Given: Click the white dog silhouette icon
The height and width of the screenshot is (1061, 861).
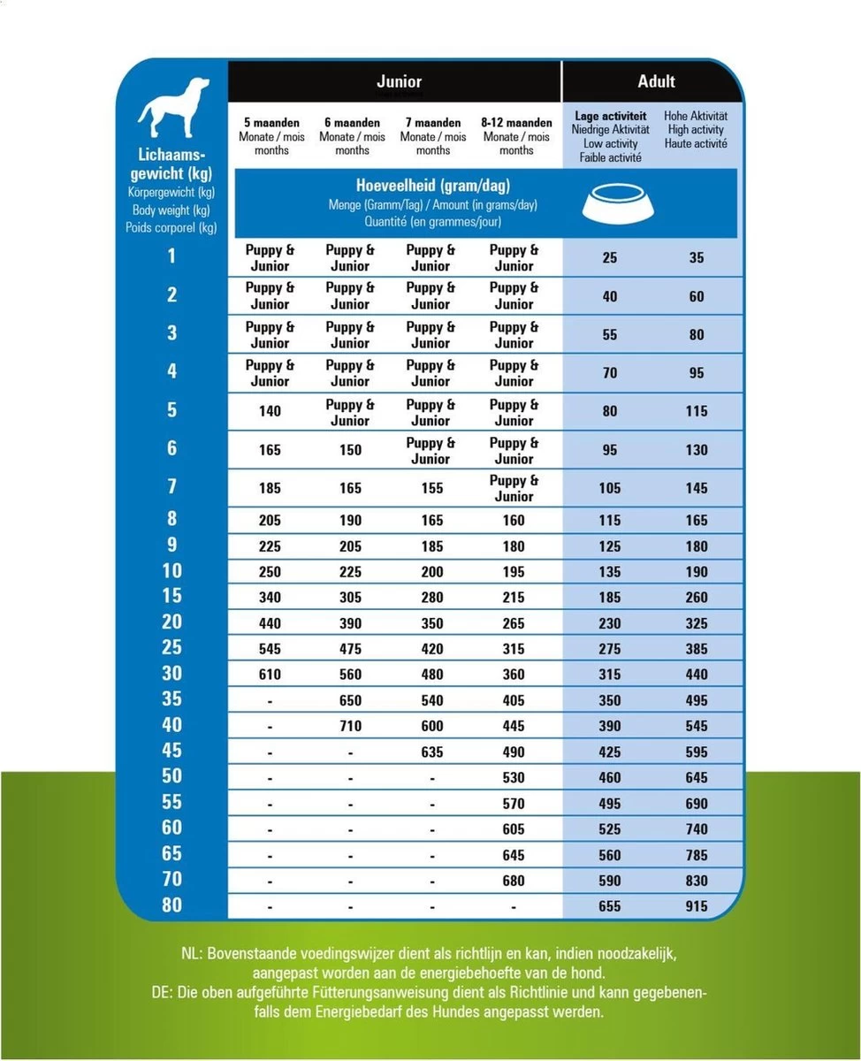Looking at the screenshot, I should click(x=174, y=108).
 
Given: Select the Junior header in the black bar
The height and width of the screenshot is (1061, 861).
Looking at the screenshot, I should click(x=399, y=82).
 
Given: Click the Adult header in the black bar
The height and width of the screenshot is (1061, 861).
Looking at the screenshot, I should click(x=656, y=82).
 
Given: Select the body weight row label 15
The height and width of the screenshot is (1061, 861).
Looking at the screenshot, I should click(x=171, y=596).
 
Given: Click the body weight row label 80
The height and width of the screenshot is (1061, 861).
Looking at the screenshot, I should click(x=171, y=905).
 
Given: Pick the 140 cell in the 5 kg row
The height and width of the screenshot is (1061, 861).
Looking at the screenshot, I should click(x=270, y=411).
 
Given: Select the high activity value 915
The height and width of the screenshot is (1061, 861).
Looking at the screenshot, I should click(x=697, y=906).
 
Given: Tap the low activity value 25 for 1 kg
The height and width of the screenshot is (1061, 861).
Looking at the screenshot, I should click(x=610, y=258).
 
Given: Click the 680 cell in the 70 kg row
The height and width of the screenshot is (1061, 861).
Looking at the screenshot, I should click(x=513, y=881).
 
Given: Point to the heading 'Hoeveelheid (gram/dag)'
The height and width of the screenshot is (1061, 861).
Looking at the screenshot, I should click(x=432, y=187).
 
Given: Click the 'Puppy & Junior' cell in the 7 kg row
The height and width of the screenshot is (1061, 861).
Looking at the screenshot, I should click(x=514, y=488).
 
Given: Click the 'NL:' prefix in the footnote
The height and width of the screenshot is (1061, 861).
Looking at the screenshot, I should click(x=191, y=954).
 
